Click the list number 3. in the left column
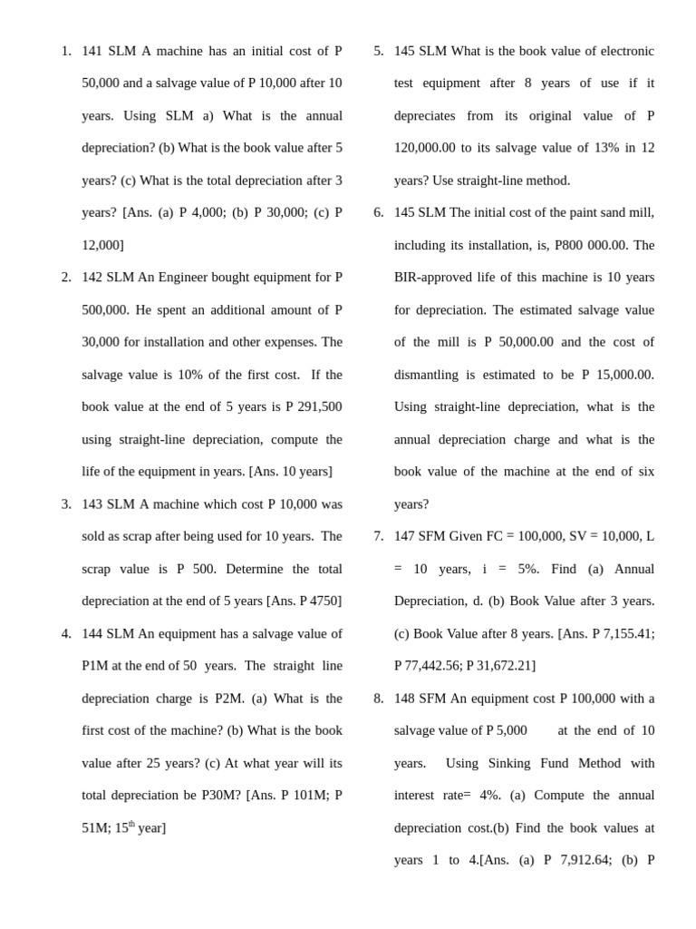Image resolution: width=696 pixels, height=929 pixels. pyautogui.click(x=66, y=504)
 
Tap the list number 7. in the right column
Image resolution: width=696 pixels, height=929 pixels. pyautogui.click(x=379, y=536)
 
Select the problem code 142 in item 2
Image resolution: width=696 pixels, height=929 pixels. pyautogui.click(x=93, y=278)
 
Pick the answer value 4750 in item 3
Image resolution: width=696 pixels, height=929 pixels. pyautogui.click(x=324, y=601)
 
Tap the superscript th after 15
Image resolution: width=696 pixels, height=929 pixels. pyautogui.click(x=132, y=825)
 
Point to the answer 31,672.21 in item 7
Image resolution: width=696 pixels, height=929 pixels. pyautogui.click(x=504, y=666)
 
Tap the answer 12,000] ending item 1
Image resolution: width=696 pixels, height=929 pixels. pyautogui.click(x=102, y=245)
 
